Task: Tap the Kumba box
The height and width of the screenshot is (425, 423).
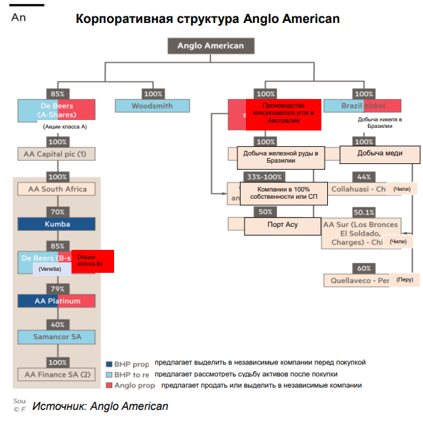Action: (58, 224)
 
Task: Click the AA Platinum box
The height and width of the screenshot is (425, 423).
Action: (58, 301)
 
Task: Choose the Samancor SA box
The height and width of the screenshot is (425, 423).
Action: (58, 336)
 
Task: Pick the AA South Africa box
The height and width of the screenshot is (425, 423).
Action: (58, 189)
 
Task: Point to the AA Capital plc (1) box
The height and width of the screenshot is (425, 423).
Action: (58, 154)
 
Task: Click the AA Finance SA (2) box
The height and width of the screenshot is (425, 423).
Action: (58, 374)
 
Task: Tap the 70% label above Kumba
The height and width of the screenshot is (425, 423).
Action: (58, 212)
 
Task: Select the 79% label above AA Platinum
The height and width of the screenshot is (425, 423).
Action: (58, 289)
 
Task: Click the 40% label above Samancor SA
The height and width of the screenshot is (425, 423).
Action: (58, 325)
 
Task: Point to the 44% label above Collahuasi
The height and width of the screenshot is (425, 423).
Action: (363, 177)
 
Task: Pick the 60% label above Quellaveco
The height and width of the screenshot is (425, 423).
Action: (363, 268)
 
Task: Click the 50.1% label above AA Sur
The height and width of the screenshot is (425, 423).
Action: (363, 212)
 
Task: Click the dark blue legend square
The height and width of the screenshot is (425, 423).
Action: (109, 363)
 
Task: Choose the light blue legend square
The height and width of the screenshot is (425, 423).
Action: (109, 374)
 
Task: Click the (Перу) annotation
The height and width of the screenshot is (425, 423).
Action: (405, 280)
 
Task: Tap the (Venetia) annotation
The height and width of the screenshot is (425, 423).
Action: (50, 269)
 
